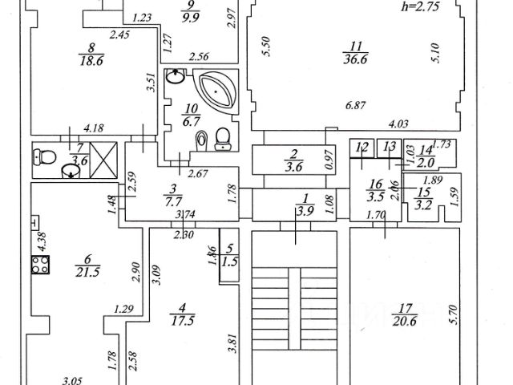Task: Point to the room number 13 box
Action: point(390,147)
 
